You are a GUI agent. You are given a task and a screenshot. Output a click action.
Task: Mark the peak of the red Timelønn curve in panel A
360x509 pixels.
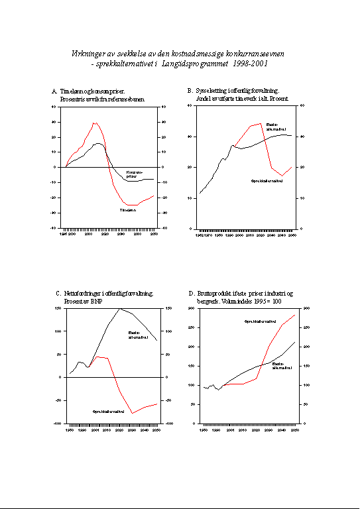(x=95, y=123)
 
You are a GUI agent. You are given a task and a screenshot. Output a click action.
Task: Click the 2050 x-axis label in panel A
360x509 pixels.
(x=154, y=233)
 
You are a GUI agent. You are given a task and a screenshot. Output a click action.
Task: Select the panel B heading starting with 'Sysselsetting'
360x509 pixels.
(x=237, y=91)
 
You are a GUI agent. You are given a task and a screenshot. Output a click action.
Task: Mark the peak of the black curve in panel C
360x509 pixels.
(x=119, y=308)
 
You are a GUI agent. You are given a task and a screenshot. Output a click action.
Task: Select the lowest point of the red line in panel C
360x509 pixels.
(x=133, y=413)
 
